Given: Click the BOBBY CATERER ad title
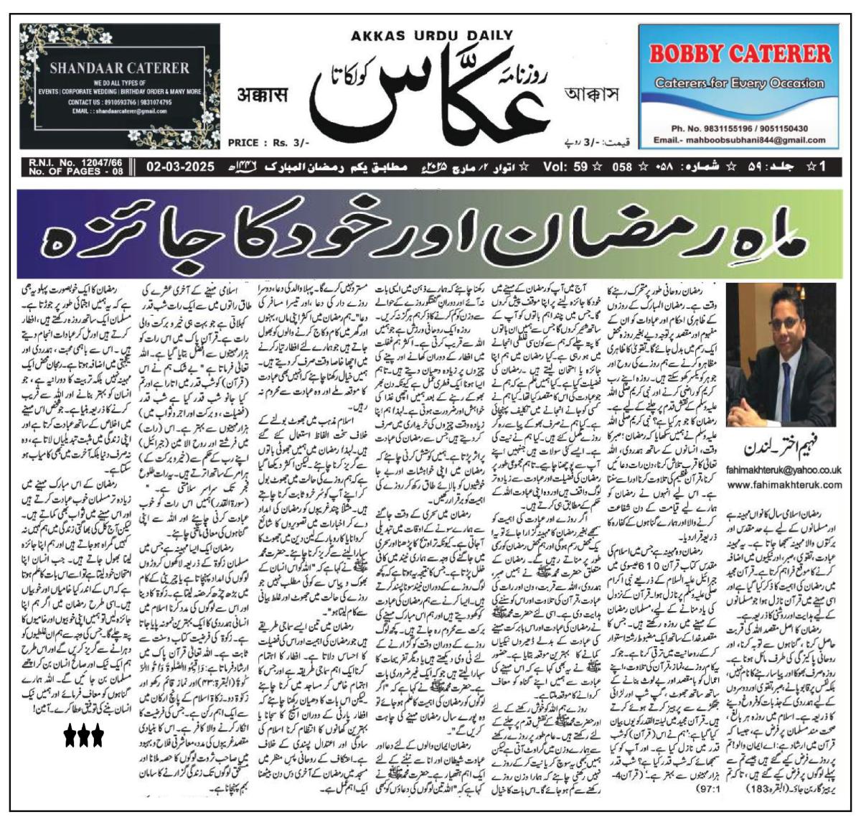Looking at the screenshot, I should [x=740, y=54].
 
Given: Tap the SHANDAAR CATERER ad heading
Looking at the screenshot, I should [x=119, y=69].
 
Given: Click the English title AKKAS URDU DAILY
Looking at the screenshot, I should [x=432, y=35].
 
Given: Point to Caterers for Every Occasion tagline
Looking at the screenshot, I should [x=740, y=83].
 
